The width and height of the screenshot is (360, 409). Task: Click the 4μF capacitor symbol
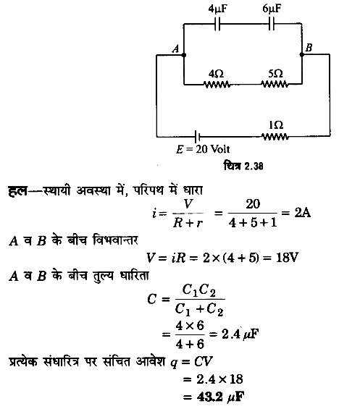pos(217,24)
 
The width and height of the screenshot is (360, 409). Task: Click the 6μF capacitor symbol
pos(272,24)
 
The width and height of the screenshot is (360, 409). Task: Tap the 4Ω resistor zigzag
pos(217,85)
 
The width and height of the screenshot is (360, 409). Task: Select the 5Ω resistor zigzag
pos(275,85)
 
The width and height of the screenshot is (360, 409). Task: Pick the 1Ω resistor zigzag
pos(275,136)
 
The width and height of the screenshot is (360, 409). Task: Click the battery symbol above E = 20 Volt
pos(197,136)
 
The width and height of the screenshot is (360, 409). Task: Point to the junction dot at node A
pos(183,55)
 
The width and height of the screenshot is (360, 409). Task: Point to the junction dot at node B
pos(302,54)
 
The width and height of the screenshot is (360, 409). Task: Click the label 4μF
pos(218,9)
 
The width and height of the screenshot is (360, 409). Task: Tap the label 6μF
pos(272,9)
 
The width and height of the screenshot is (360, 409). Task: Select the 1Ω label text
pos(276,125)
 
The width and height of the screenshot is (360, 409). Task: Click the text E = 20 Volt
pos(203,149)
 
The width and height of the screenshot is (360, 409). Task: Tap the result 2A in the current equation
pos(303,213)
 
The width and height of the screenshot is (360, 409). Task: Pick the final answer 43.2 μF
pos(221,397)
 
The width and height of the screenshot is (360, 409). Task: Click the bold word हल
pos(17,190)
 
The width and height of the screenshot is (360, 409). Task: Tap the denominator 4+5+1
pos(253,222)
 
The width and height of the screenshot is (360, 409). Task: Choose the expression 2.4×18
pos(219,379)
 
